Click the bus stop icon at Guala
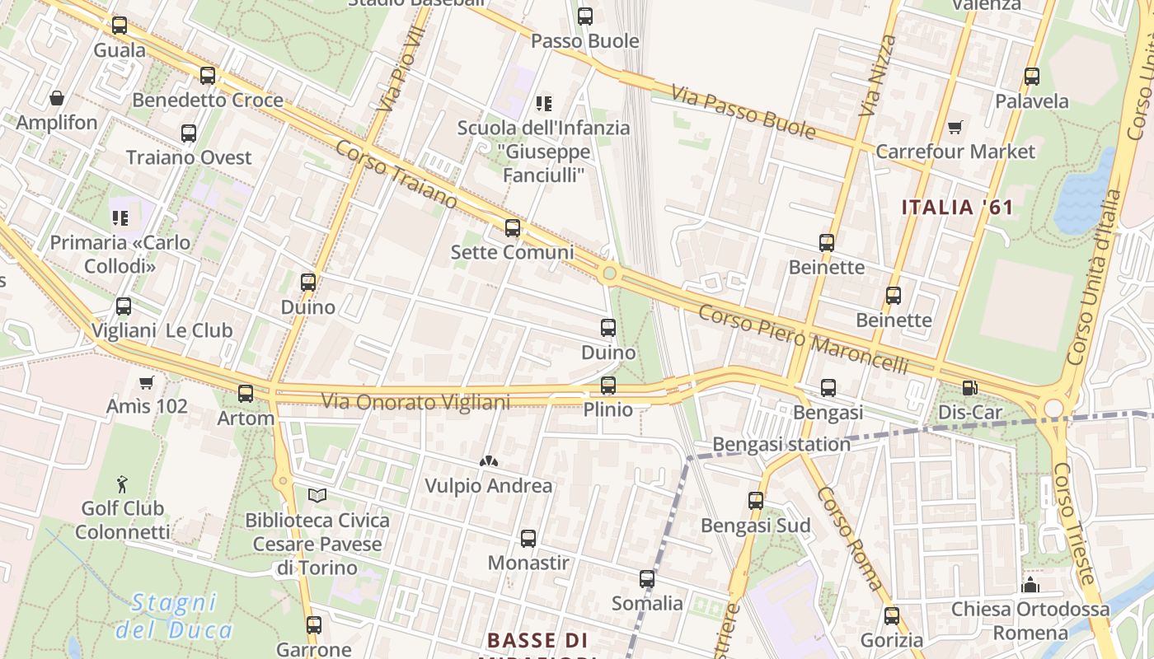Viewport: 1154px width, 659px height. coord(120,26)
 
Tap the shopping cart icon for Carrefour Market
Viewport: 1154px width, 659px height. coord(955,127)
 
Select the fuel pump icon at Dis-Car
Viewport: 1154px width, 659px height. coord(970,387)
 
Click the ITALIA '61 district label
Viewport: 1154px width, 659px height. coord(957,207)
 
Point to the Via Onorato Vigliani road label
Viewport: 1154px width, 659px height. coord(415,402)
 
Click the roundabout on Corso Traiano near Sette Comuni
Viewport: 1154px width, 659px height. coord(609,273)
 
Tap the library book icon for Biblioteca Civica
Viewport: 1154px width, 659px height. coord(317,495)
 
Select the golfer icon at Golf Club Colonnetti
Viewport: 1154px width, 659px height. coord(123,483)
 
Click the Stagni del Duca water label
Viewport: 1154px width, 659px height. coord(174,616)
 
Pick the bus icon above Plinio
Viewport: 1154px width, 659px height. coord(608,385)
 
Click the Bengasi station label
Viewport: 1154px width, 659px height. coord(781,444)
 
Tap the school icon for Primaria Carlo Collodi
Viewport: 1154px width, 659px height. coord(120,217)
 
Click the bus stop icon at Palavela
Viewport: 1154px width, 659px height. coord(1031,77)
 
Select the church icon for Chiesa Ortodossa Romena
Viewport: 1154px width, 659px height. coord(1030,585)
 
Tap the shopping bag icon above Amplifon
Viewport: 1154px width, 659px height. coord(57,98)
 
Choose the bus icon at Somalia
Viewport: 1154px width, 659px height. coord(647,579)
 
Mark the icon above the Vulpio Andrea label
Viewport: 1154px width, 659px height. coord(489,462)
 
